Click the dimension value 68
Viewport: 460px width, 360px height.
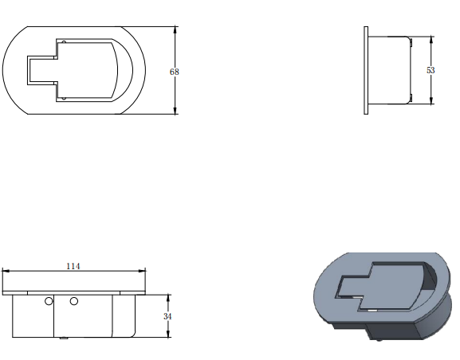coord(175,72)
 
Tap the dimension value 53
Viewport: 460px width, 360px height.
coord(431,70)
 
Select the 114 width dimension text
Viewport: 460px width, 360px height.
coord(73,266)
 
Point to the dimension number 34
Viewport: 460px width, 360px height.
coord(167,317)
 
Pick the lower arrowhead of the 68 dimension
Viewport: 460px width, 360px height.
coord(175,111)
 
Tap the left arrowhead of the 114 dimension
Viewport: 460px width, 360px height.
coord(6,271)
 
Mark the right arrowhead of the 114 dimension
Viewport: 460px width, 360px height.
coord(142,271)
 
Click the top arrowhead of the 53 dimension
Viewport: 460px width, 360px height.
coord(431,40)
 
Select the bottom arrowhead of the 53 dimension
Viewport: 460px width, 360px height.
coord(431,100)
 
